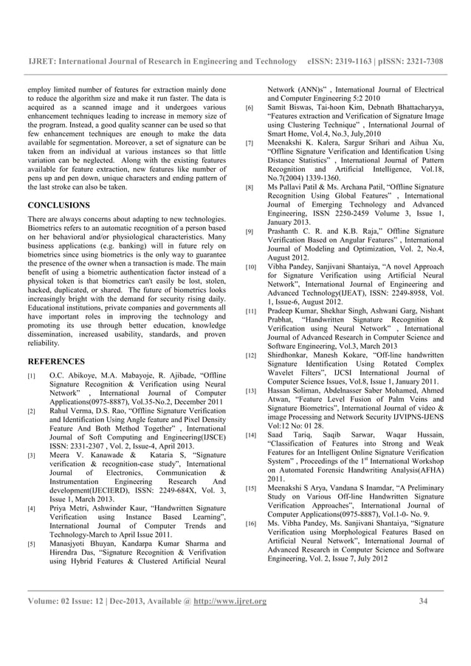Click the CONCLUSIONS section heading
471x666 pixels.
(58, 204)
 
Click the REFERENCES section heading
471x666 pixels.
(55, 362)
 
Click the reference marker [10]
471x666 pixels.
(251, 266)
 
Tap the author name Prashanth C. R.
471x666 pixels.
(298, 231)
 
